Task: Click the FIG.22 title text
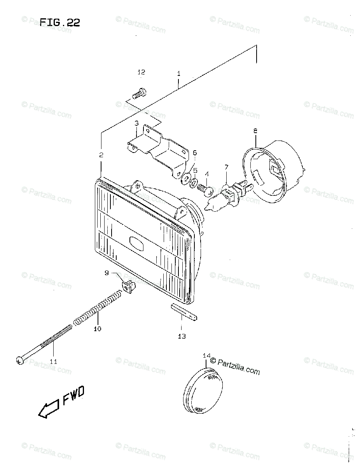(x=60, y=23)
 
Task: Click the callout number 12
(x=141, y=72)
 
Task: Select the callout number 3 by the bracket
(x=136, y=123)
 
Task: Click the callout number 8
(x=255, y=131)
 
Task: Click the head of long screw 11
(x=20, y=360)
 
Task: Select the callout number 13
(x=182, y=336)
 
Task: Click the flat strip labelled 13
(x=185, y=312)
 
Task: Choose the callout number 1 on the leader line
(x=178, y=73)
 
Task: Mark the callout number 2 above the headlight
(x=101, y=155)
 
